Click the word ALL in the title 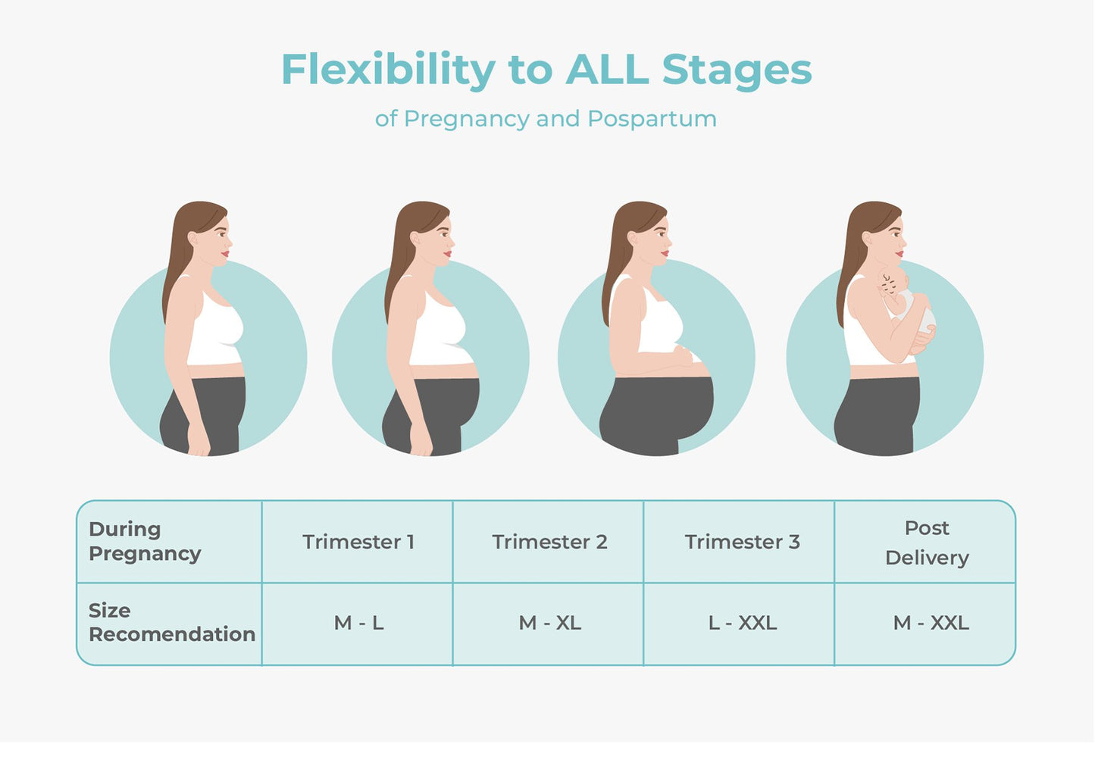pyautogui.click(x=608, y=70)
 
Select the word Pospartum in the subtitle pyautogui.click(x=652, y=119)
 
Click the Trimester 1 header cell pyautogui.click(x=358, y=542)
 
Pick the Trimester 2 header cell pyautogui.click(x=549, y=542)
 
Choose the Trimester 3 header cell pyautogui.click(x=739, y=542)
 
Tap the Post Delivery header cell pyautogui.click(x=925, y=542)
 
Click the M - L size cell pyautogui.click(x=358, y=624)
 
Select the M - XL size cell pyautogui.click(x=549, y=624)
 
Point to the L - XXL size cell pyautogui.click(x=739, y=624)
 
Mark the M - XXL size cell pyautogui.click(x=925, y=624)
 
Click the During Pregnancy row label pyautogui.click(x=145, y=542)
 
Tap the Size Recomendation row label pyautogui.click(x=171, y=623)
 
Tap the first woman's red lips pyautogui.click(x=225, y=254)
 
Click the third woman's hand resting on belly pyautogui.click(x=684, y=354)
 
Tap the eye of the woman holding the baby pyautogui.click(x=897, y=234)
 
